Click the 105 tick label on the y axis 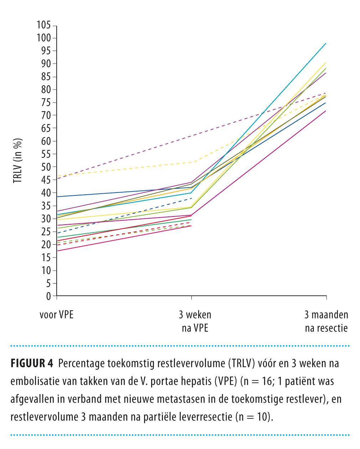click(43, 25)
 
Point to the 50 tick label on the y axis click(45, 167)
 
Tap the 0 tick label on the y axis click(48, 296)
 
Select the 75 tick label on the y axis click(45, 103)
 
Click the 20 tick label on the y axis click(45, 245)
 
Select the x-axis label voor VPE click(56, 315)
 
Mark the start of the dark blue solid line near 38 click(57, 197)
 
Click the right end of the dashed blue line click(192, 198)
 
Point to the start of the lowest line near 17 click(57, 251)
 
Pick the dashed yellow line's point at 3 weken click(192, 162)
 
